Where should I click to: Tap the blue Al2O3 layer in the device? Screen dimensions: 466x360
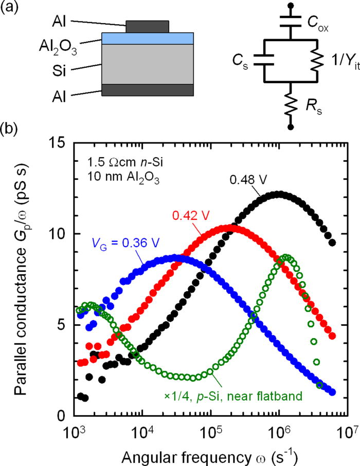pos(148,38)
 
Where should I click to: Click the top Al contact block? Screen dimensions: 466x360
pos(148,26)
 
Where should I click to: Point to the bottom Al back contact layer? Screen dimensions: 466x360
pos(148,90)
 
